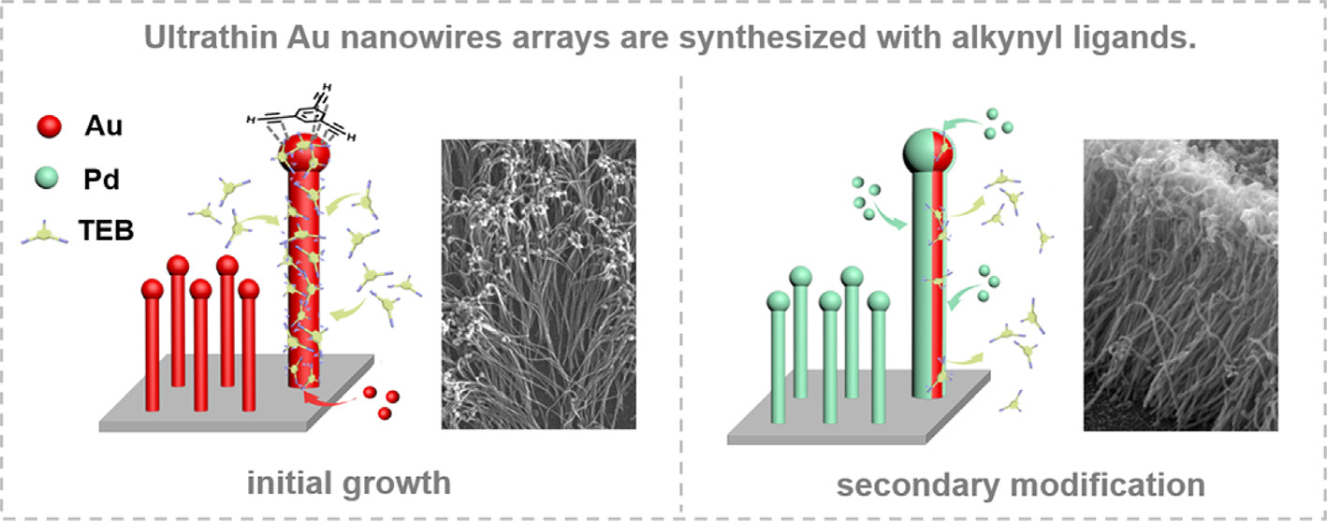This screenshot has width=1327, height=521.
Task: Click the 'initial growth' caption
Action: coord(349,484)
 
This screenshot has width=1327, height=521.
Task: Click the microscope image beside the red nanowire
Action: coord(538,284)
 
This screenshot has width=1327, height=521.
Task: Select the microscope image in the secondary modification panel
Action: coord(1180,284)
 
